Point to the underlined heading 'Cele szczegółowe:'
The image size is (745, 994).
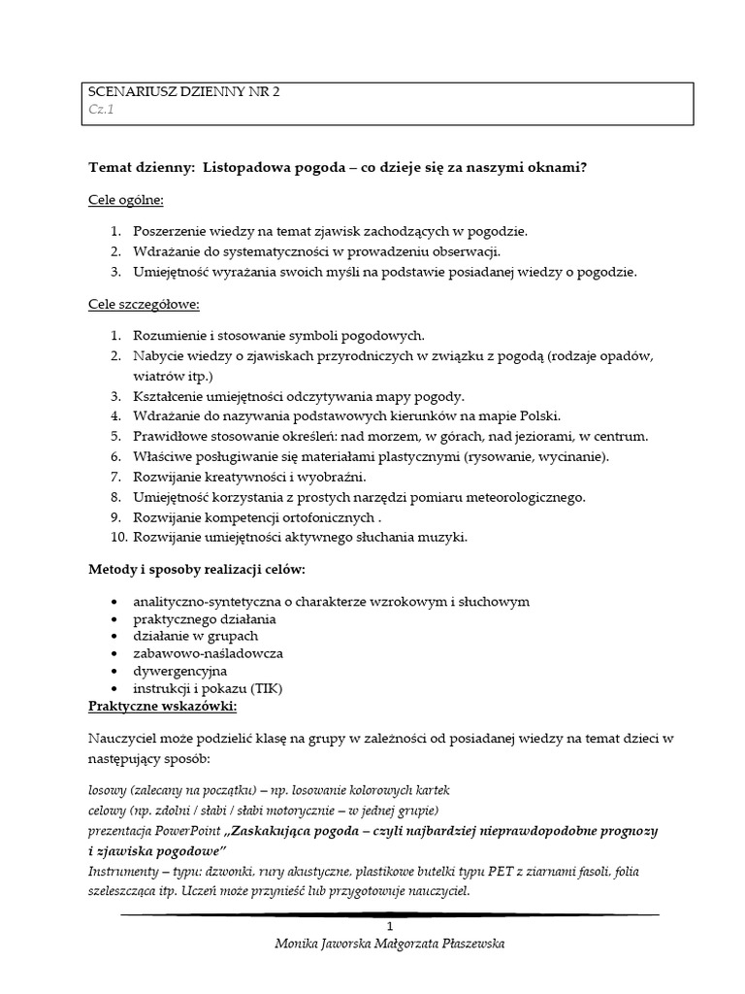[x=144, y=304]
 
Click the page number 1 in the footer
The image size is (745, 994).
[x=389, y=926]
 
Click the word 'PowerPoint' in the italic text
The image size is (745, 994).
[x=190, y=831]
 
